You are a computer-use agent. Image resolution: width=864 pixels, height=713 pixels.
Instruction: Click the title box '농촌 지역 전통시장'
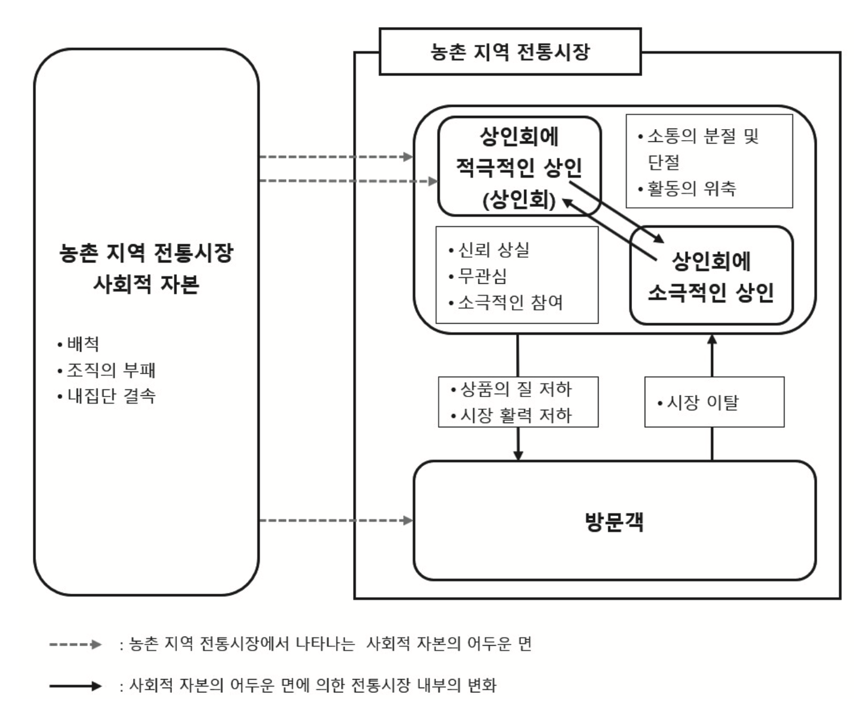click(510, 52)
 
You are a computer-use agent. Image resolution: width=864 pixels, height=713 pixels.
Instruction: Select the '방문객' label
click(614, 522)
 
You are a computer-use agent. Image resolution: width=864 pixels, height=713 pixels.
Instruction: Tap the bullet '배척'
click(83, 344)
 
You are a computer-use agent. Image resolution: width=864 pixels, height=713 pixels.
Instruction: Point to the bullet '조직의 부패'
click(111, 370)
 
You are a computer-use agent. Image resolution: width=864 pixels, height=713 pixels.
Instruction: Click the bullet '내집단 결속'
click(111, 396)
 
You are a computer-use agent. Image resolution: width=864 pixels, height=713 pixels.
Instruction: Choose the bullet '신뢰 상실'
click(493, 250)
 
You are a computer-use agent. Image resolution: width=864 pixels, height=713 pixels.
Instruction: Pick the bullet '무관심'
click(482, 276)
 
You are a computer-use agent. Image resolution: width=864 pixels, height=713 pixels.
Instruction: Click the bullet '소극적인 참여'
click(510, 303)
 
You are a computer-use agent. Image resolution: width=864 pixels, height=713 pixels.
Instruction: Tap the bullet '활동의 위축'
click(691, 188)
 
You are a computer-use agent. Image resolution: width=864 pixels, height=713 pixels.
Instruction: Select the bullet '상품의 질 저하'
click(516, 389)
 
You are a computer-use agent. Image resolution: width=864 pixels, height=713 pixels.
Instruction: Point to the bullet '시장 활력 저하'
click(516, 415)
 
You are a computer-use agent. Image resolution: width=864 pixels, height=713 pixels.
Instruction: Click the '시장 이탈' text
click(702, 402)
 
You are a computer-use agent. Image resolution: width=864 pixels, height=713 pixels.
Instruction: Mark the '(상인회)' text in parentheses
click(518, 200)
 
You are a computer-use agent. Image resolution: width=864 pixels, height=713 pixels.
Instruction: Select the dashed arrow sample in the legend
click(75, 644)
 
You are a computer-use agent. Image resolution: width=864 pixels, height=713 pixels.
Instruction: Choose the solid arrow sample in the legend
click(75, 686)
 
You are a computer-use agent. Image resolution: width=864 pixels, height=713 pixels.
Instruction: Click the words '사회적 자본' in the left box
click(146, 284)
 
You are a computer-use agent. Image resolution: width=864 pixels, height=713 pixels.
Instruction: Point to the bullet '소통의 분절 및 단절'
click(703, 149)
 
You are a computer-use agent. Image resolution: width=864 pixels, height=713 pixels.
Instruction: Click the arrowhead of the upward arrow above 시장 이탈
click(712, 339)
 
